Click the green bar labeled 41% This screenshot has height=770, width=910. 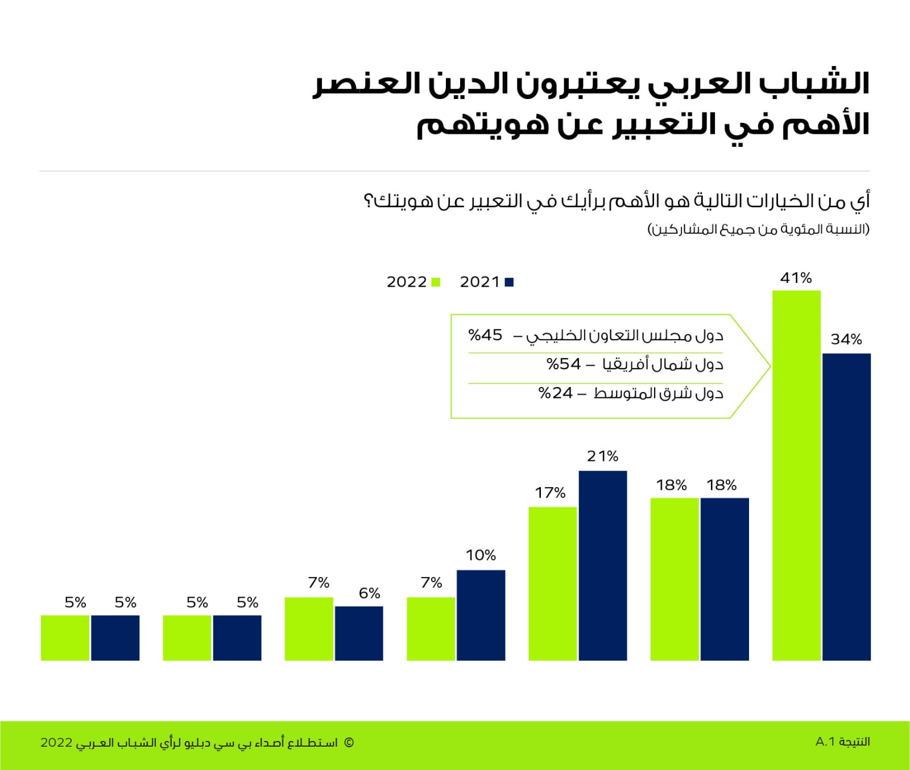pyautogui.click(x=796, y=475)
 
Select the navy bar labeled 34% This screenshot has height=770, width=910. pyautogui.click(x=846, y=507)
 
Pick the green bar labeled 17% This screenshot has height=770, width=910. pyautogui.click(x=552, y=583)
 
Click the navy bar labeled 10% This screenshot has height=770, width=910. pyautogui.click(x=481, y=615)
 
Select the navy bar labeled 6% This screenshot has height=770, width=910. pyautogui.click(x=359, y=633)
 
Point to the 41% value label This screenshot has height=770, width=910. pyautogui.click(x=796, y=278)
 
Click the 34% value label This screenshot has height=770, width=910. pyautogui.click(x=846, y=339)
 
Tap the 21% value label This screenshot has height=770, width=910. pyautogui.click(x=602, y=456)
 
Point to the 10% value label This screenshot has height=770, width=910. pyautogui.click(x=481, y=555)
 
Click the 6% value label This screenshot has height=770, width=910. pyautogui.click(x=369, y=593)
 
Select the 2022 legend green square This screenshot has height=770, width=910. pyautogui.click(x=436, y=282)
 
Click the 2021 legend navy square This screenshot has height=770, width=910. pyautogui.click(x=509, y=282)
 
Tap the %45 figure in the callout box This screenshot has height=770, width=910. pyautogui.click(x=485, y=335)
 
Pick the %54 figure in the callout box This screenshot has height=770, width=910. pyautogui.click(x=563, y=364)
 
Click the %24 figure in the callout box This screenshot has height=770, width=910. pyautogui.click(x=555, y=393)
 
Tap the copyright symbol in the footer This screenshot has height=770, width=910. pyautogui.click(x=349, y=742)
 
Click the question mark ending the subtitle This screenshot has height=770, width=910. pyautogui.click(x=368, y=201)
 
